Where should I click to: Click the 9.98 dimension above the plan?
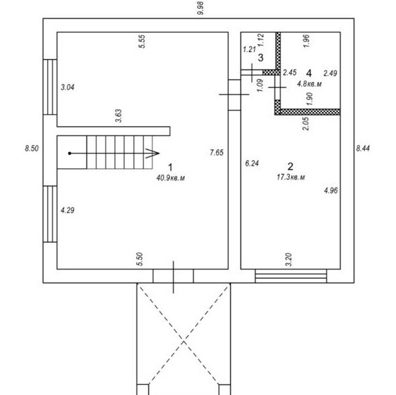coord(200,8)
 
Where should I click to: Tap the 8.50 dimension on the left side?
coord(32,148)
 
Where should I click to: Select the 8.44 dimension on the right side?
coord(363,148)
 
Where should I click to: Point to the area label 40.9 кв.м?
coord(170,178)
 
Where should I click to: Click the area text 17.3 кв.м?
coord(290,177)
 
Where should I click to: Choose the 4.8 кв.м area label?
coord(309,83)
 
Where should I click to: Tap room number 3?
coord(260,58)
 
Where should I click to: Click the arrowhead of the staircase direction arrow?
coord(152,153)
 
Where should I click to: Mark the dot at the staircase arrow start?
coord(69,153)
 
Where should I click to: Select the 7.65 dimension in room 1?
coord(216,152)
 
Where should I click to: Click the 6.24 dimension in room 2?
coord(252,163)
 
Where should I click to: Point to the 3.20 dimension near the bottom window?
coord(288,260)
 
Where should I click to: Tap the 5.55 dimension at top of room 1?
coord(142,41)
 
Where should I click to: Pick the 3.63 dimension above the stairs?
coord(118,116)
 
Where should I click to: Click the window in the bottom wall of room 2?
coord(291,276)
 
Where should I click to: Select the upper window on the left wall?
coord(50,87)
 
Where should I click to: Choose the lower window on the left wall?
coord(50,214)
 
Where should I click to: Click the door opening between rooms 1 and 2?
coord(234,95)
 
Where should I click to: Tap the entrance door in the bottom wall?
coord(173,276)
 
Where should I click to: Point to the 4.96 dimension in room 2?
coord(331,190)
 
